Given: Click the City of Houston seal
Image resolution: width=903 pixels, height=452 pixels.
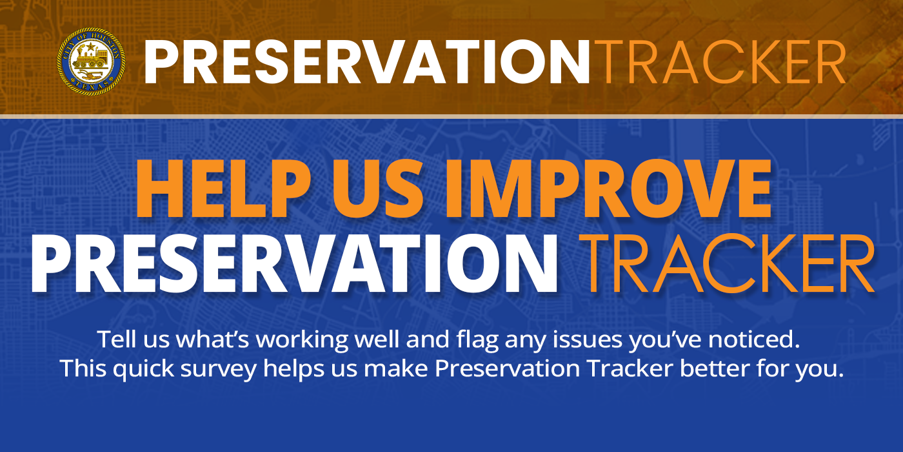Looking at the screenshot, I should [x=91, y=62].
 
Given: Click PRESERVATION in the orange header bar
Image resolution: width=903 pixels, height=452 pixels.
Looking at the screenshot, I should [x=366, y=62].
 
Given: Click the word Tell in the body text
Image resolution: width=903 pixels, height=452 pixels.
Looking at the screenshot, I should [x=114, y=339].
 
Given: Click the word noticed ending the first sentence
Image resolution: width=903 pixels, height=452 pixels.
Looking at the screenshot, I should [x=761, y=339].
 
